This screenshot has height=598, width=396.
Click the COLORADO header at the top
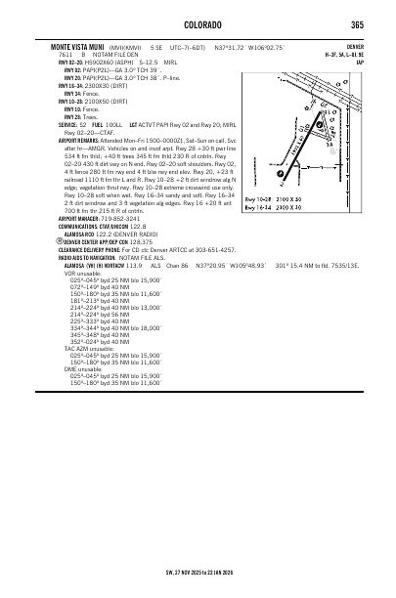pos(198,25)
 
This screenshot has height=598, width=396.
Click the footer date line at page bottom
pos(198,577)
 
